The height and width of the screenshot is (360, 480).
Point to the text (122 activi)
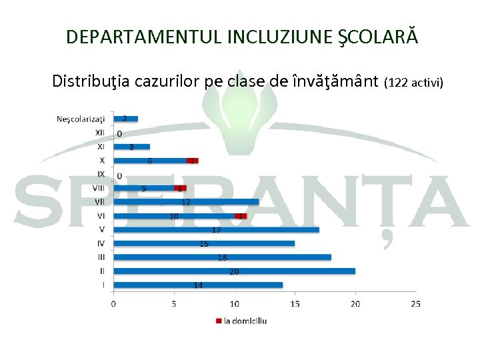click(x=414, y=83)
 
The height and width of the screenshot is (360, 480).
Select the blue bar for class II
click(x=234, y=271)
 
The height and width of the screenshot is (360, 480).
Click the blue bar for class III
click(x=222, y=257)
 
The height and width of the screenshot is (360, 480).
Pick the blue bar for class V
click(x=216, y=230)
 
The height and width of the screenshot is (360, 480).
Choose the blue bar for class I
click(x=198, y=285)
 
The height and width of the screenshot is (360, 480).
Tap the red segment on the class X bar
click(x=193, y=161)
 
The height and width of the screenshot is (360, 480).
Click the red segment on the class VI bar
click(x=241, y=216)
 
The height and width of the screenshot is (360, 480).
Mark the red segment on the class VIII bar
click(x=180, y=188)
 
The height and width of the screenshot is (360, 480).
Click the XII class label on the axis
click(x=99, y=133)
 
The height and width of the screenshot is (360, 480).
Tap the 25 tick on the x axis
click(x=416, y=304)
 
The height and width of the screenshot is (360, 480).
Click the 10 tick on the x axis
click(x=234, y=304)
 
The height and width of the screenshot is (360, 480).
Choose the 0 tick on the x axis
click(x=113, y=304)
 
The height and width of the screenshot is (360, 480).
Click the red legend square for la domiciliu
click(x=218, y=321)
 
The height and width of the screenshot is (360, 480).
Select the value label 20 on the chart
click(x=234, y=271)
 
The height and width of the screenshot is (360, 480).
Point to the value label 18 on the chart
click(x=222, y=257)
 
